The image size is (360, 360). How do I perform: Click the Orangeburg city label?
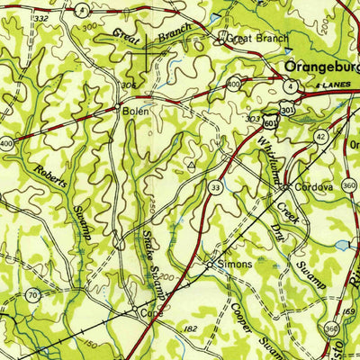[320, 67]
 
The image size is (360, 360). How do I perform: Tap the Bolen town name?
[136, 112]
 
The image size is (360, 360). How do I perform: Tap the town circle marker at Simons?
[209, 265]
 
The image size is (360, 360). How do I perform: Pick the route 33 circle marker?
[214, 186]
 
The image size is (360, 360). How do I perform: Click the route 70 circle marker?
[33, 294]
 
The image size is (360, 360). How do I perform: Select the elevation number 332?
[39, 17]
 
